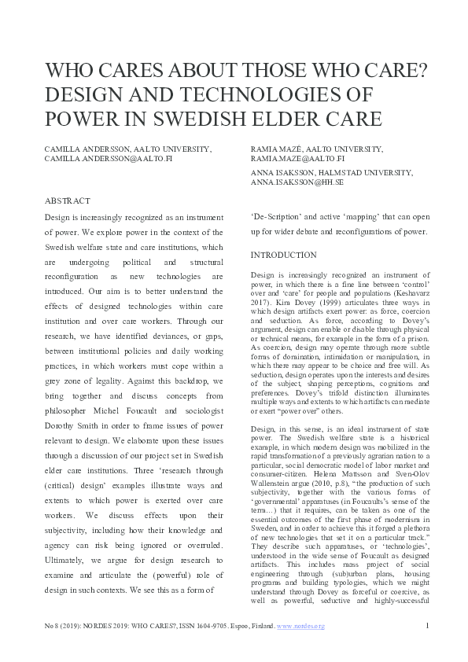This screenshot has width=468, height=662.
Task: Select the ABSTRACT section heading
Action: (x=66, y=201)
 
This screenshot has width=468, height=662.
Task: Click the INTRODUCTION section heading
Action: (x=284, y=256)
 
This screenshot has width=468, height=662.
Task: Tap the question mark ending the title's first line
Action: (x=421, y=70)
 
